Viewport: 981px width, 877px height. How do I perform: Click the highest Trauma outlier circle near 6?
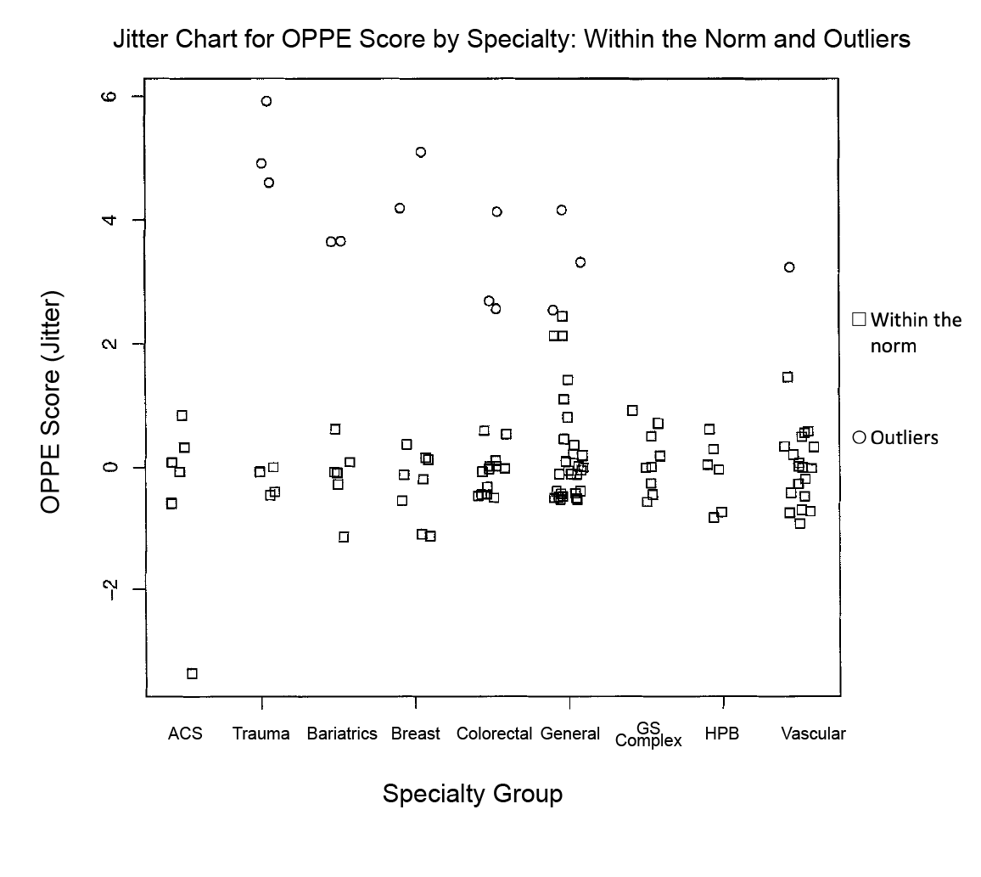point(266,101)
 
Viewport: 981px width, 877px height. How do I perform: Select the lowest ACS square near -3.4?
point(192,673)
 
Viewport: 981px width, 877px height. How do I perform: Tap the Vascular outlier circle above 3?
point(789,267)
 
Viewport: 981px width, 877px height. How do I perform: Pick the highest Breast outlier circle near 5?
point(421,152)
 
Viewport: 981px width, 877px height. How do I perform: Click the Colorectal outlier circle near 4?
point(497,211)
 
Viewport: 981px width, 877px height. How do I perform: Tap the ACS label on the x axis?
point(185,734)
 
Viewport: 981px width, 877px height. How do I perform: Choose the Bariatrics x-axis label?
point(342,734)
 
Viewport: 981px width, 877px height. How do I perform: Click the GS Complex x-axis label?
point(649,734)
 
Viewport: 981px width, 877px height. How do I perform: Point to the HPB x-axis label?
point(722,734)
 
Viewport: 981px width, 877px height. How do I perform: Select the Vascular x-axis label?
point(814,734)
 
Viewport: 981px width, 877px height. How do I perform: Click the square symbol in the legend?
point(859,319)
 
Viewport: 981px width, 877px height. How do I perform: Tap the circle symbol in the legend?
point(859,437)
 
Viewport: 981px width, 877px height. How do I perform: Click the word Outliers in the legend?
point(905,438)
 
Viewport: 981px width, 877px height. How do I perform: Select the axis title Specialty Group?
point(473,795)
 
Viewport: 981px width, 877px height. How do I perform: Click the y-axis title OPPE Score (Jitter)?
point(52,403)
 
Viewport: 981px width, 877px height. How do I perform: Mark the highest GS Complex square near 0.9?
point(632,411)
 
